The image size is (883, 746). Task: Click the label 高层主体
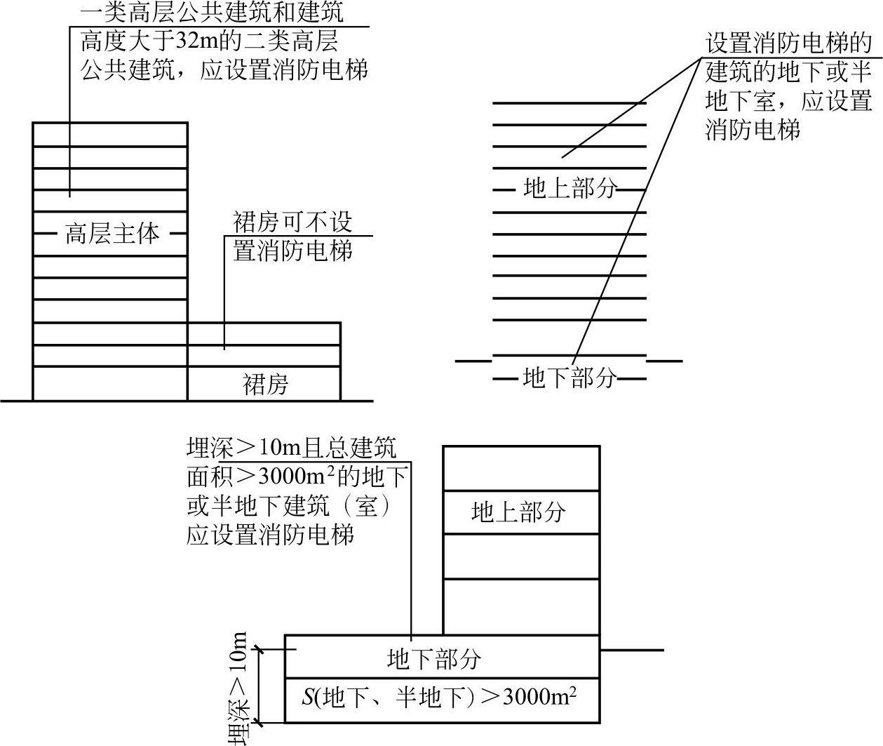click(112, 233)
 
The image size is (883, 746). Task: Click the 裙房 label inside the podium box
click(265, 385)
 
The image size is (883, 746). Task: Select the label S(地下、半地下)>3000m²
click(440, 698)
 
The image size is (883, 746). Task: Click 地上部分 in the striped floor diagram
click(569, 188)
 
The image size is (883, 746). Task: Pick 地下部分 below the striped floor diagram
click(569, 378)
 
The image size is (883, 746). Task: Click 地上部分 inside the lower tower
click(518, 512)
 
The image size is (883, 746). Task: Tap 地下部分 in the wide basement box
click(434, 658)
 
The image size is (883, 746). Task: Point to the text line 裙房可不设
click(292, 222)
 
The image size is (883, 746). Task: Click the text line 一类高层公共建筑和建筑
click(213, 13)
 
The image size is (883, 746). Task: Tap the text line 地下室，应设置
click(788, 101)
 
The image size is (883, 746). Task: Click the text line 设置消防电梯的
click(788, 44)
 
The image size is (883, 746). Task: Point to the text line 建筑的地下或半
click(788, 72)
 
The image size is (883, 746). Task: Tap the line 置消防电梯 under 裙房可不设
click(292, 251)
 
